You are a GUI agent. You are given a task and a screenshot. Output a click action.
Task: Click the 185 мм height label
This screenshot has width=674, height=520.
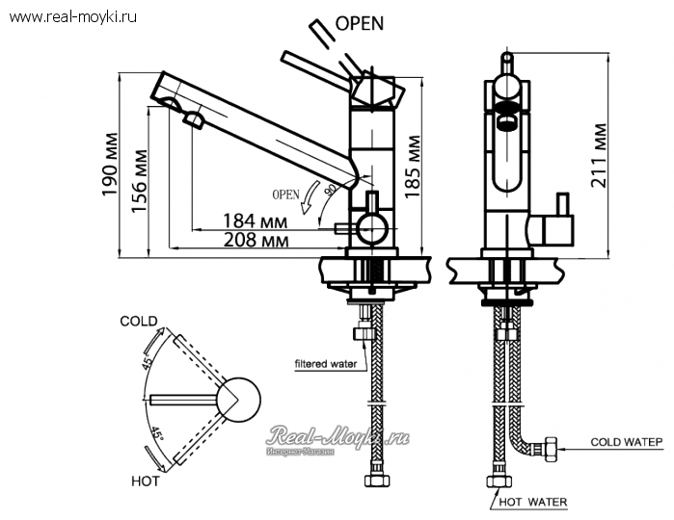click(412, 165)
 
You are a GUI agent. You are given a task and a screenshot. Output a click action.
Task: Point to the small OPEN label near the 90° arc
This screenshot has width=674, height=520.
click(287, 193)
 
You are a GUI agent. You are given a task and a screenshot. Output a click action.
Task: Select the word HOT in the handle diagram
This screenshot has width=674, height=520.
click(145, 480)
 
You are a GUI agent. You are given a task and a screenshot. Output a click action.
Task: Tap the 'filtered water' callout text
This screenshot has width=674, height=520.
click(326, 363)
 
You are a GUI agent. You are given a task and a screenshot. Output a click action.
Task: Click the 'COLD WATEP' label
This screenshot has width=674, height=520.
click(627, 442)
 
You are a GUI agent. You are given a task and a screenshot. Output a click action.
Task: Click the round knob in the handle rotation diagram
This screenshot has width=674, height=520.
click(237, 400)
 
